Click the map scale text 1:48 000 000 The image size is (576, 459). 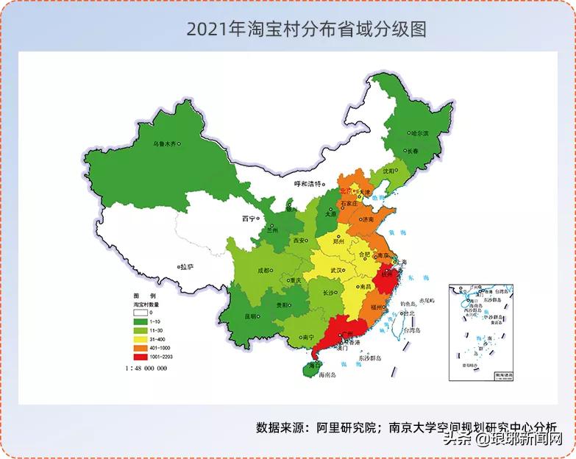[146, 368]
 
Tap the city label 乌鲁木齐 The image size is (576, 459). [164, 144]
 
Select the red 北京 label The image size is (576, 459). [347, 190]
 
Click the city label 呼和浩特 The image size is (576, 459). [307, 183]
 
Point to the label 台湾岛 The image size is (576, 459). [413, 330]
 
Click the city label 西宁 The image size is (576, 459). [248, 218]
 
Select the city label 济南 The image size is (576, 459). [368, 219]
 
